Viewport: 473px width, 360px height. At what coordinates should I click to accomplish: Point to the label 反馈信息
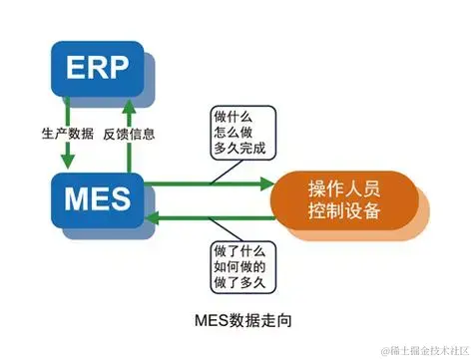pyautogui.click(x=130, y=133)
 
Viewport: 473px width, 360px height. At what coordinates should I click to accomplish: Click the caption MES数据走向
pyautogui.click(x=244, y=320)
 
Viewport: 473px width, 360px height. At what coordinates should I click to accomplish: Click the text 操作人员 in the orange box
pyautogui.click(x=345, y=186)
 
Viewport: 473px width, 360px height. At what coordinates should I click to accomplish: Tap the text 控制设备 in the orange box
pyautogui.click(x=345, y=210)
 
